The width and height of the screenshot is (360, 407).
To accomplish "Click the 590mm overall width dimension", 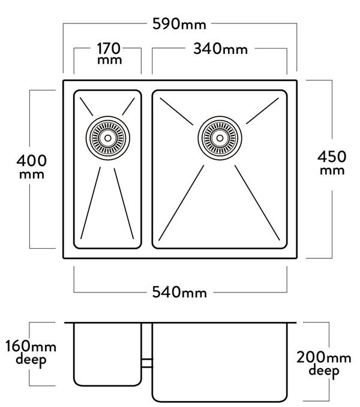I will (180, 25).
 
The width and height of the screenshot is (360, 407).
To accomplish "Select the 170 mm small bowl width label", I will (108, 53).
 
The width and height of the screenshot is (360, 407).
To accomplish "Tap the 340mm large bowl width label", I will (220, 50).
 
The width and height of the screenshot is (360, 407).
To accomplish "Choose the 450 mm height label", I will (331, 163).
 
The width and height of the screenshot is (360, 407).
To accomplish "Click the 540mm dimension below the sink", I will (180, 293).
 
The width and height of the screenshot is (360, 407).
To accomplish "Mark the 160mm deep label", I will (27, 353).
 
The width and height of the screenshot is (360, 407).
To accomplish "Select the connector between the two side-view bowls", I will (147, 362).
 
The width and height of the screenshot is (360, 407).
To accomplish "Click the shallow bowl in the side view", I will (108, 355).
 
